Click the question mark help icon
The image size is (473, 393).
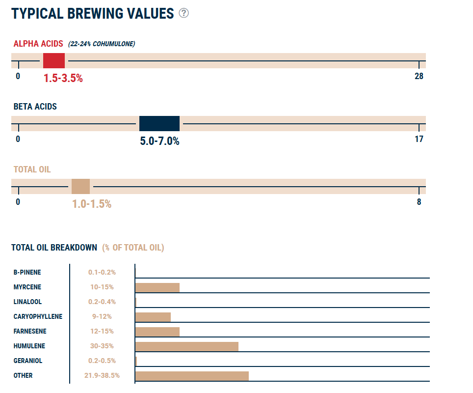pyautogui.click(x=184, y=13)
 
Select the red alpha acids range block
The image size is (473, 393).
pyautogui.click(x=54, y=61)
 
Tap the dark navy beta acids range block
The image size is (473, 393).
pyautogui.click(x=159, y=123)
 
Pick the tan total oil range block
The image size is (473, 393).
pyautogui.click(x=80, y=187)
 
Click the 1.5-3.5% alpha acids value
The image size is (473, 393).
pyautogui.click(x=63, y=78)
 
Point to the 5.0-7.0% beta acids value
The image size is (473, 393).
pyautogui.click(x=159, y=141)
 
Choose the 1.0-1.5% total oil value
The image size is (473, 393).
pyautogui.click(x=92, y=204)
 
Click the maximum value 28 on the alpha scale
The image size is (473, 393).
pyautogui.click(x=418, y=76)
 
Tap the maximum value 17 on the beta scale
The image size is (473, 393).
pyautogui.click(x=419, y=139)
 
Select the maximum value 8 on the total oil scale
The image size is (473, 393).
pyautogui.click(x=419, y=202)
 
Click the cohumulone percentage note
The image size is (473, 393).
pyautogui.click(x=102, y=44)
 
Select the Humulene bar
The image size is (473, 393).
pyautogui.click(x=186, y=346)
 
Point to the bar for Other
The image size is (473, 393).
pyautogui.click(x=192, y=376)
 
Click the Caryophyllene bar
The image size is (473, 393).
pyautogui.click(x=153, y=317)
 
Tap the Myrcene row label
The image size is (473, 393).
pyautogui.click(x=27, y=287)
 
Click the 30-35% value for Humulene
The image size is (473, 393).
pyautogui.click(x=102, y=346)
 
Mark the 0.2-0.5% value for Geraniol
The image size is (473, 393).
pyautogui.click(x=102, y=361)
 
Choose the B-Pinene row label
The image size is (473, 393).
pyautogui.click(x=27, y=272)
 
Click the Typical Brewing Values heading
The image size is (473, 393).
pyautogui.click(x=93, y=13)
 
